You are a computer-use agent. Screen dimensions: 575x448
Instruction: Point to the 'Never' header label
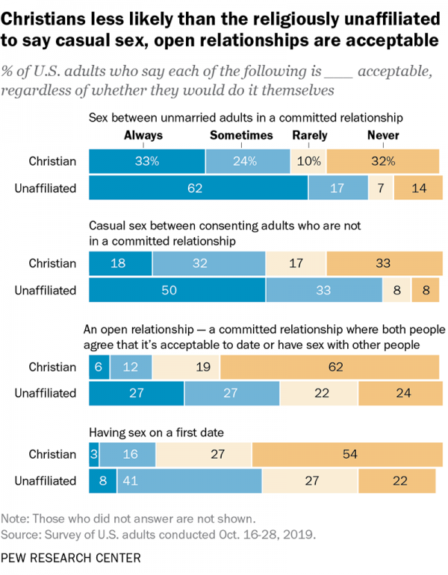point(383,136)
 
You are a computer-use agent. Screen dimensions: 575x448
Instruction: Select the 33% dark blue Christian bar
point(146,161)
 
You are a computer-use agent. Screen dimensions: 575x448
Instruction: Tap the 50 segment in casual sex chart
point(177,290)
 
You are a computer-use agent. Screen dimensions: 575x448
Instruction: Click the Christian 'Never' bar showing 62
point(329,366)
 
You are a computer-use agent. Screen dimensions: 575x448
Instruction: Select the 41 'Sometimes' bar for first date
point(189,481)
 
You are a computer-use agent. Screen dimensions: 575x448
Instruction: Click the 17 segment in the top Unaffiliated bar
point(337,188)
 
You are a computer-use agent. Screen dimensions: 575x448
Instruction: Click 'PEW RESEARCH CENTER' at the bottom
point(70,557)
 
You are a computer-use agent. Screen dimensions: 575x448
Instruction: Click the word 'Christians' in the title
point(49,16)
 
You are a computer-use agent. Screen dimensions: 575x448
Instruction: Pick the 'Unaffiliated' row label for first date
point(46,481)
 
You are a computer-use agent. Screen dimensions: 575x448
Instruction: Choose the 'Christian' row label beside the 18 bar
point(52,263)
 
